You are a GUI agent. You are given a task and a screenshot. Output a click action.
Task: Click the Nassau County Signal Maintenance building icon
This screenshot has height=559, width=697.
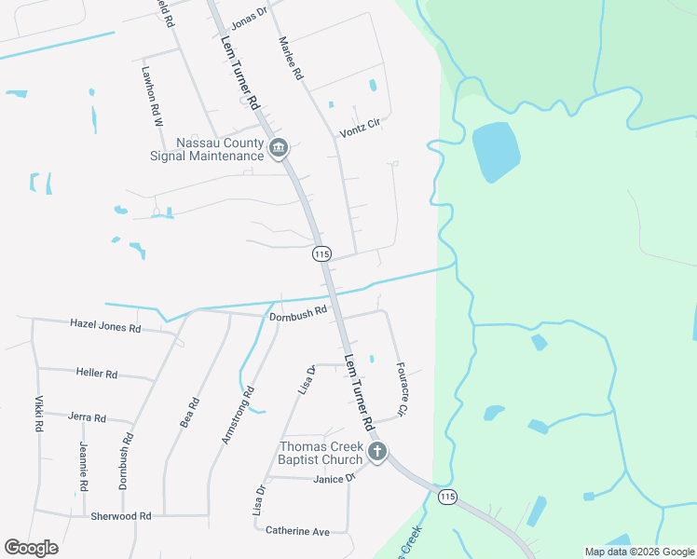(278, 148)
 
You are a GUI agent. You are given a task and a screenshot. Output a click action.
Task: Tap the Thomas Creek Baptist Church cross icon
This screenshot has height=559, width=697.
(377, 453)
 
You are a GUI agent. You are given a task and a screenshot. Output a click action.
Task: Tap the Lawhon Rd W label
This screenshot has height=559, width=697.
(152, 96)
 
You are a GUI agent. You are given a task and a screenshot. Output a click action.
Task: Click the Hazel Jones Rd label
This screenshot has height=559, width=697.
(105, 327)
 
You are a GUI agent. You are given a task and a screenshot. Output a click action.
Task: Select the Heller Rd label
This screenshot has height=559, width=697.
(97, 374)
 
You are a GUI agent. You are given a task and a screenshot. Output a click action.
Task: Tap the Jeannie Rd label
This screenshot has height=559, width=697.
(83, 466)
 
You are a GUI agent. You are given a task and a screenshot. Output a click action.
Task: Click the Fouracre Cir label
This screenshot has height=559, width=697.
(403, 389)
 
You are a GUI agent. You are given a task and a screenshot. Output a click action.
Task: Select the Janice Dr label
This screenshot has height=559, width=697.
(335, 478)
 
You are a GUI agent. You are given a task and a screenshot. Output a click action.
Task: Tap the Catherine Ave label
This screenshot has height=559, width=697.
(298, 531)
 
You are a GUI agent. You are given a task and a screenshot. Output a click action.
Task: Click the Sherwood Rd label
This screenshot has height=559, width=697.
(120, 515)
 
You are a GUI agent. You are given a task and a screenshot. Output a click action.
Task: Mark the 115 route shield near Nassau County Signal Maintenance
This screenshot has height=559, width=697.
(321, 253)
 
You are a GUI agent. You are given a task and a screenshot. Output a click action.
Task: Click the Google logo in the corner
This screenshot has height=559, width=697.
(31, 548)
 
